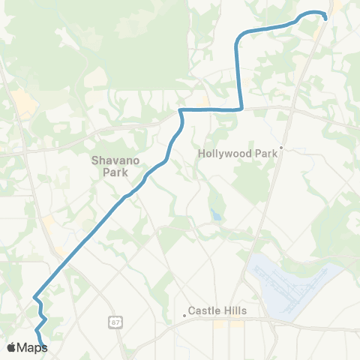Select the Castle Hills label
[217, 310]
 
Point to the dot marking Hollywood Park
[281, 147]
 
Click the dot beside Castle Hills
[184, 315]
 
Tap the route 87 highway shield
[113, 322]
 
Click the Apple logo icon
[11, 347]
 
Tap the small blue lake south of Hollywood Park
[217, 216]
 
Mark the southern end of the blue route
[44, 346]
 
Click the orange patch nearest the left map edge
[22, 105]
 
